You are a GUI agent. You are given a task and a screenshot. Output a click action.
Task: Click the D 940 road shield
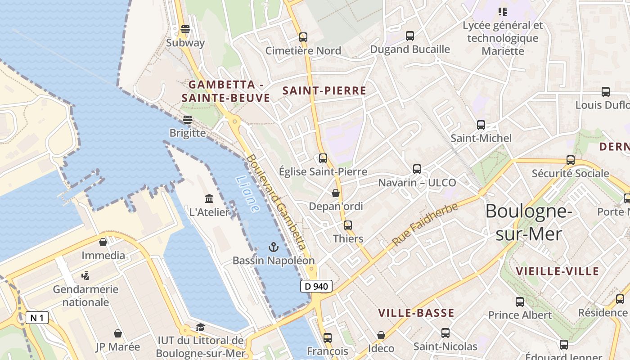316,286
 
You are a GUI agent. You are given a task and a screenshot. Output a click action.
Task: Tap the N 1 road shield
37,318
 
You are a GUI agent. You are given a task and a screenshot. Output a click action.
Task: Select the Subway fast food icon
185,30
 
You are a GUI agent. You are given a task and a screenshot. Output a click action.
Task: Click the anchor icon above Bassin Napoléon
273,247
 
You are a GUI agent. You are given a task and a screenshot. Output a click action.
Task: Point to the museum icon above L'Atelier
209,198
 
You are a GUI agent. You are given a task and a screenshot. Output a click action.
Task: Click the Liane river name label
247,193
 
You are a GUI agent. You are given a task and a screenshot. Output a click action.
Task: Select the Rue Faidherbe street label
425,224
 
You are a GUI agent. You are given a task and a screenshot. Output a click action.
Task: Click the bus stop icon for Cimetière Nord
303,37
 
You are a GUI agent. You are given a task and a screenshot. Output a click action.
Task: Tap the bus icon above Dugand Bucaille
410,36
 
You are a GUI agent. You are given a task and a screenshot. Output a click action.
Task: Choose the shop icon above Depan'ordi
336,193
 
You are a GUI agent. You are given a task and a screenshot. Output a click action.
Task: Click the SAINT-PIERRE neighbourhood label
324,90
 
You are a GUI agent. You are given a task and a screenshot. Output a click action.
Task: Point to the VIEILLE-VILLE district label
557,271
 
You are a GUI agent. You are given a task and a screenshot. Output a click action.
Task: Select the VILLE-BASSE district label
416,313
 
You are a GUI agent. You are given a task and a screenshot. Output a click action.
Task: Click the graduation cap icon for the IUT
200,327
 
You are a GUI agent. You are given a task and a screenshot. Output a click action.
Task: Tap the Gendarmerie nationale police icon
85,275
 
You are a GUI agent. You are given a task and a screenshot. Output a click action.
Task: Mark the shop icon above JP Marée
118,333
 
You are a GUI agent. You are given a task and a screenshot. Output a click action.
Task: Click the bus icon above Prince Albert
520,302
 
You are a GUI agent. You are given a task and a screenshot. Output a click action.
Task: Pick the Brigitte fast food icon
188,120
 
